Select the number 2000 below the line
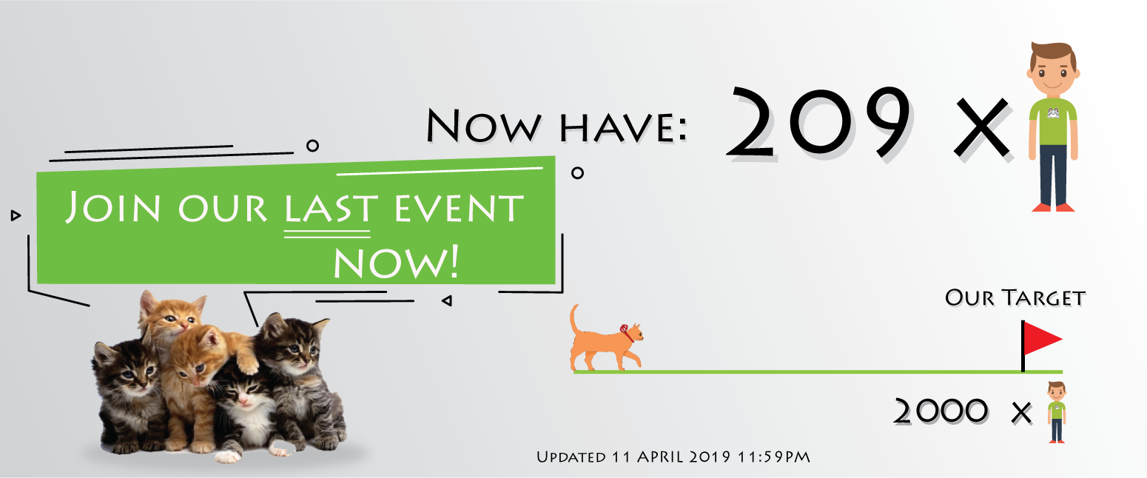point(941,411)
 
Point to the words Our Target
point(1015,298)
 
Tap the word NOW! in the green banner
point(396,262)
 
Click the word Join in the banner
point(112,206)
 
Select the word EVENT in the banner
point(460,208)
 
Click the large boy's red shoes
point(1053,207)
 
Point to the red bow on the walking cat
point(626,333)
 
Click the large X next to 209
point(981,128)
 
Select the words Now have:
point(556,125)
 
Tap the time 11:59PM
point(774,457)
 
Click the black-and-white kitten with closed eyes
point(245,409)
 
